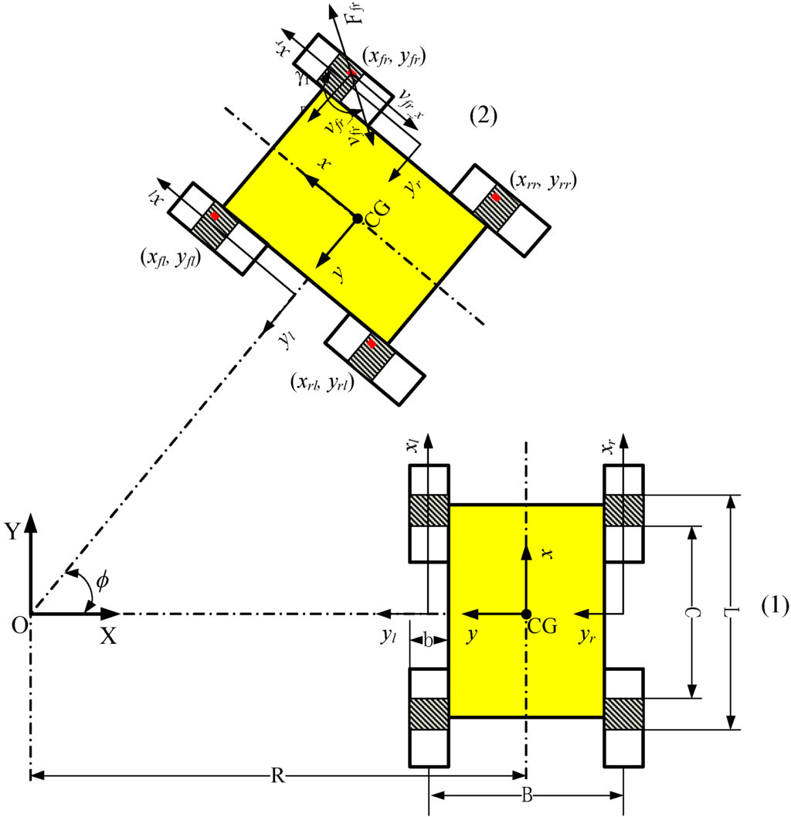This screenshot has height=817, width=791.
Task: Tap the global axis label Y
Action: [12, 530]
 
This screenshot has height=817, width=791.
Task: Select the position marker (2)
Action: [484, 116]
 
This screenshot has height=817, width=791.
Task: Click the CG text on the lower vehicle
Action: [542, 626]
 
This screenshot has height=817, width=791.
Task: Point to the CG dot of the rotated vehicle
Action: [357, 219]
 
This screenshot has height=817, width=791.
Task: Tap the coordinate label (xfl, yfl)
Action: [168, 260]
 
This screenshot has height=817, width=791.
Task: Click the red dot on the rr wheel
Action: [496, 198]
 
